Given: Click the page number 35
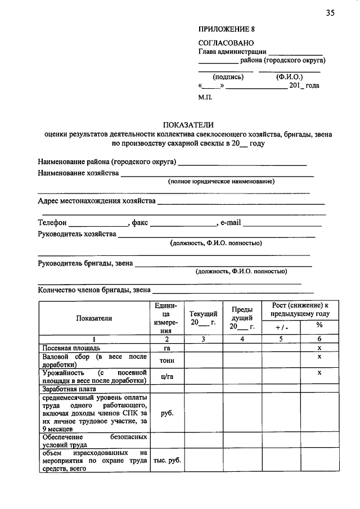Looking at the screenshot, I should pyautogui.click(x=330, y=13).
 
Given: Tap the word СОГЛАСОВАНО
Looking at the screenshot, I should pyautogui.click(x=226, y=43).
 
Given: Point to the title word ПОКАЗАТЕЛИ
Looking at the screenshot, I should pyautogui.click(x=188, y=125).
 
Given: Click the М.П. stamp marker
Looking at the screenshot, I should pyautogui.click(x=205, y=97).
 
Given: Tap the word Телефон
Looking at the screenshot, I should pyautogui.click(x=52, y=223).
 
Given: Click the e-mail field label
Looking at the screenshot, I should pyautogui.click(x=231, y=223).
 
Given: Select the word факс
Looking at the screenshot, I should pyautogui.click(x=140, y=223).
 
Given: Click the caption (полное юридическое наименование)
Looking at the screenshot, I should pyautogui.click(x=222, y=182).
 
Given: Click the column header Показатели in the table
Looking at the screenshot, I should pyautogui.click(x=94, y=318).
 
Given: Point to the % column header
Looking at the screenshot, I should pyautogui.click(x=319, y=325).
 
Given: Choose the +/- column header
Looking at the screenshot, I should pyautogui.click(x=281, y=327).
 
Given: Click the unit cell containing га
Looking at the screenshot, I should pyautogui.click(x=166, y=349).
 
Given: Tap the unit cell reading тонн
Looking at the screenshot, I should pyautogui.click(x=166, y=361).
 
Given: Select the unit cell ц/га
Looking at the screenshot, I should pyautogui.click(x=166, y=376).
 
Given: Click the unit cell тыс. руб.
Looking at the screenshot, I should pyautogui.click(x=166, y=460).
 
